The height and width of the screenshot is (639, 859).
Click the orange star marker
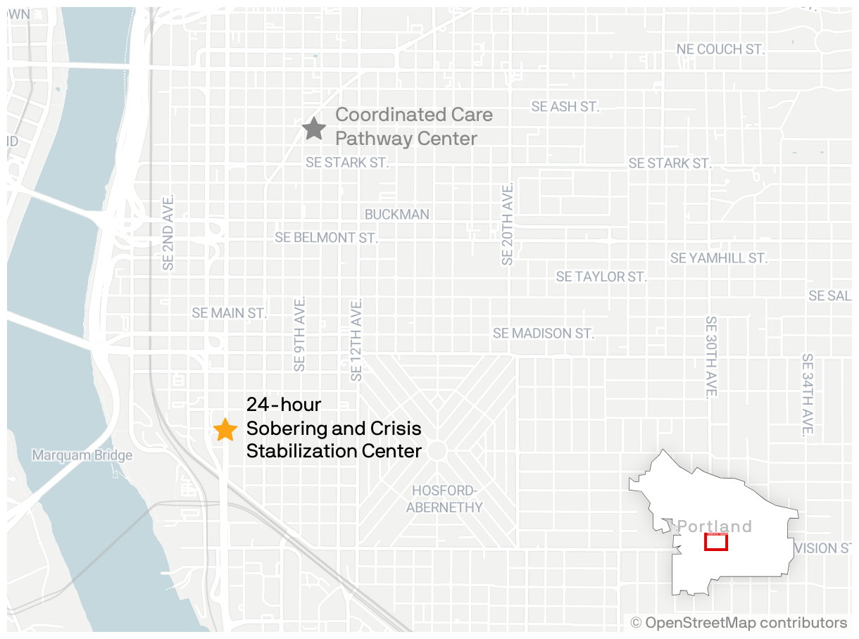tap(225, 429)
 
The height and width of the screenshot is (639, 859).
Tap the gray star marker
tap(313, 128)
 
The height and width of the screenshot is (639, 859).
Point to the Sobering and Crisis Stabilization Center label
tap(334, 428)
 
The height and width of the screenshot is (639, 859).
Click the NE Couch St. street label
tap(720, 49)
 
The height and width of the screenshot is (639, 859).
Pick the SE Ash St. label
tap(565, 107)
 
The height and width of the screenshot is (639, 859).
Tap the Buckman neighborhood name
tap(396, 214)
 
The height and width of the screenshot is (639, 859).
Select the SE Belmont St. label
tap(326, 238)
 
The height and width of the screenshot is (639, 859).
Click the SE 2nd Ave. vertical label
tap(168, 232)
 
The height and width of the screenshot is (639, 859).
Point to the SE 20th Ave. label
tap(508, 223)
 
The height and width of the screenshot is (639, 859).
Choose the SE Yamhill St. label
tap(718, 258)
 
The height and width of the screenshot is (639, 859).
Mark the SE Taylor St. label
tap(601, 277)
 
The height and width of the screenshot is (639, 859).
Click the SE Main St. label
tap(230, 313)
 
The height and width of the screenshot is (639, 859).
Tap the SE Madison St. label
tap(544, 333)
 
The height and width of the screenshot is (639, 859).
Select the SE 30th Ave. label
tap(711, 357)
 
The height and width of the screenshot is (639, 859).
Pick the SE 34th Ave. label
tap(807, 394)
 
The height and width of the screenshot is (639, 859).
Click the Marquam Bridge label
tap(82, 455)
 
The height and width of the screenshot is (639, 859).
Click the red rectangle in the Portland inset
tap(716, 542)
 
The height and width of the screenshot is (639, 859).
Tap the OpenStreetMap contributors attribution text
tap(739, 623)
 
